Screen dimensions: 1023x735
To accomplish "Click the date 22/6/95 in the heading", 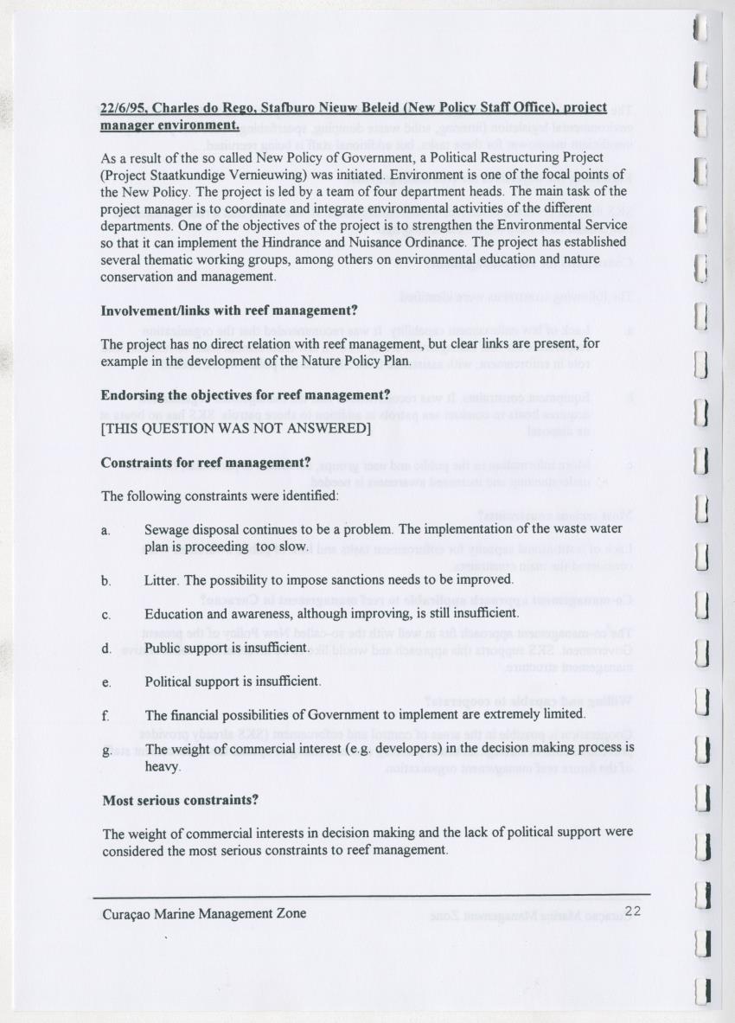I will click(x=125, y=109).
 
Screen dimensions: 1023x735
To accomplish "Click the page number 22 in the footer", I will click(x=632, y=911).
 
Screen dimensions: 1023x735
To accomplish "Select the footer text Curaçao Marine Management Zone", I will click(x=203, y=913).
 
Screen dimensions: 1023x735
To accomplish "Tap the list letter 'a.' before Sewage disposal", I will click(x=105, y=530).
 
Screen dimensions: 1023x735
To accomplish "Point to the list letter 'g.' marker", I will click(x=105, y=751).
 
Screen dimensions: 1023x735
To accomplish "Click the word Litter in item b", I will click(x=162, y=579).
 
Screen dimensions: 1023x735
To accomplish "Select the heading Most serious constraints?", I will click(x=181, y=800).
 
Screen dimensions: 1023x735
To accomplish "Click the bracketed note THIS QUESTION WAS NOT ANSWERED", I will click(x=236, y=429).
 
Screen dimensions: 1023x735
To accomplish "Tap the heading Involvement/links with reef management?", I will click(x=229, y=310).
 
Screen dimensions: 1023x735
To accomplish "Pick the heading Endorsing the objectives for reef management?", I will click(x=246, y=395).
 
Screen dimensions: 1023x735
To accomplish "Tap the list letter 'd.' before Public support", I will click(x=105, y=649).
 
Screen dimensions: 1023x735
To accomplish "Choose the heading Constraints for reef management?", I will click(x=206, y=463).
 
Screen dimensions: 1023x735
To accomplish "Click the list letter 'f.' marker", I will click(x=105, y=716).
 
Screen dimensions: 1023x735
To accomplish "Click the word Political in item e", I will click(x=169, y=681).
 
